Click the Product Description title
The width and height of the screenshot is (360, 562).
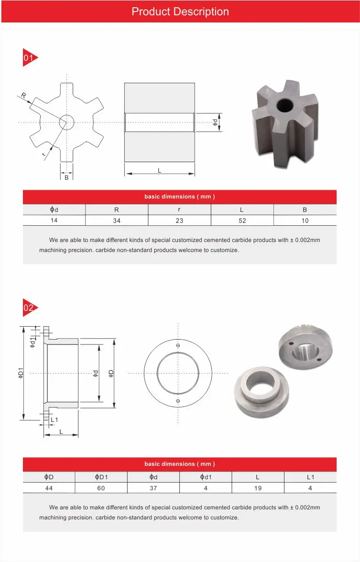(180, 11)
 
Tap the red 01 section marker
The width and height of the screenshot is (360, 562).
(29, 57)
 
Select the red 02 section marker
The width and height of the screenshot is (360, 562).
(29, 308)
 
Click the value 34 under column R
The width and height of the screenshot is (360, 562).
(117, 220)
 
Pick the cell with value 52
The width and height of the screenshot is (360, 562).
(242, 220)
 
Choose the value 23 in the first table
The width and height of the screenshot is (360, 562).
(179, 220)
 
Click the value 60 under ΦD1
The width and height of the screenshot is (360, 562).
(101, 488)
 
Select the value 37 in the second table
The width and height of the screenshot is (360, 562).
(153, 488)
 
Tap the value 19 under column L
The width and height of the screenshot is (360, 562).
(258, 488)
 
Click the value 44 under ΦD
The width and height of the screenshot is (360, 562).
(49, 488)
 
